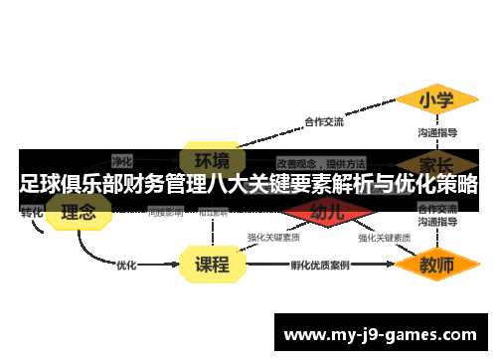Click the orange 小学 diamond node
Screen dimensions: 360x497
[435, 100]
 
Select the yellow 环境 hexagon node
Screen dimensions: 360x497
[211, 160]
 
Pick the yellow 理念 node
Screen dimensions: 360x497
[79, 212]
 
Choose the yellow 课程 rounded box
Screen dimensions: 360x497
[211, 265]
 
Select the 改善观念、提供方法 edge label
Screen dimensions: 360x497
[320, 162]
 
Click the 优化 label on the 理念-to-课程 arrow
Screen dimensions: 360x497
[127, 266]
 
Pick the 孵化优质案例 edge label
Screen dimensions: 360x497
[319, 266]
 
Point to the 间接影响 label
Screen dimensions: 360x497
[165, 212]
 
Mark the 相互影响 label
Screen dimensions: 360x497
[213, 212]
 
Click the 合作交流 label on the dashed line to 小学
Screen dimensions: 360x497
[324, 122]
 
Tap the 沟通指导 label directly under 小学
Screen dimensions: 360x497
[437, 132]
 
